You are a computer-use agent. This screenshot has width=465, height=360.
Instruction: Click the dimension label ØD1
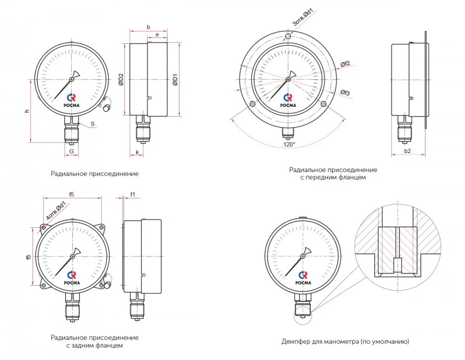175,80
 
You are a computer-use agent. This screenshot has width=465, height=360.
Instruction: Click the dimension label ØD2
121,80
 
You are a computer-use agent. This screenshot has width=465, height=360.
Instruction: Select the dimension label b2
407,151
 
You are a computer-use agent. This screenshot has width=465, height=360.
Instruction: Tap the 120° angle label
289,144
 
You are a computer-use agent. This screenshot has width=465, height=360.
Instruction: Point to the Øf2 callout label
345,63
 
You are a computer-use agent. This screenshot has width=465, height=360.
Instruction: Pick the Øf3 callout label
345,93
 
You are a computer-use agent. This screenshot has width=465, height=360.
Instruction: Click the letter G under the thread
72,151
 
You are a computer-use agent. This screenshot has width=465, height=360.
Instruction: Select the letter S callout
93,124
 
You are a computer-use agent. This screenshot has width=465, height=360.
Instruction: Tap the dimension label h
27,111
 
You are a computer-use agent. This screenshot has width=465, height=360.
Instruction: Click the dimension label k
137,152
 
